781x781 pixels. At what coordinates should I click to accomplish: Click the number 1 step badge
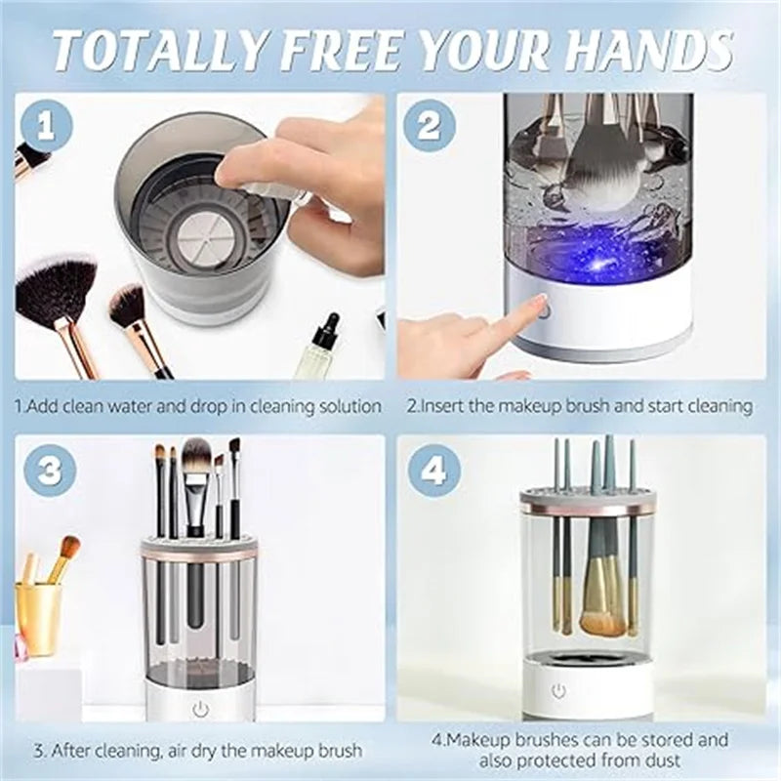(47, 126)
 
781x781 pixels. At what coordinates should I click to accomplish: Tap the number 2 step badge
(429, 126)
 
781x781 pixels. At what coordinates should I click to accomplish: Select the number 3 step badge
(50, 471)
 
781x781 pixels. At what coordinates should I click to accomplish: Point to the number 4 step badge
(432, 471)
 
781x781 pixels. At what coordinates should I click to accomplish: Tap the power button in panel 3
(201, 709)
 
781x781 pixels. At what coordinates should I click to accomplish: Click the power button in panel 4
(557, 691)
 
